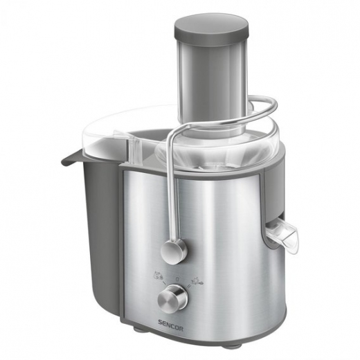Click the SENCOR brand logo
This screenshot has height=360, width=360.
point(138,321)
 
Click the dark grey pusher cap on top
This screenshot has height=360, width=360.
point(211,26)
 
